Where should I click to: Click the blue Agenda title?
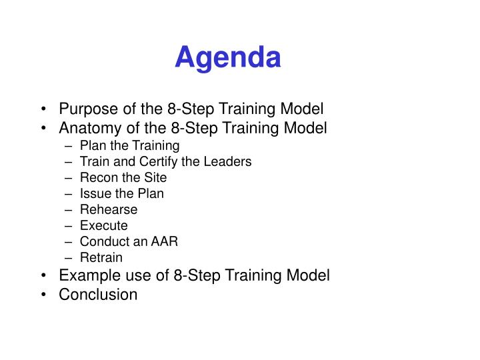(228, 57)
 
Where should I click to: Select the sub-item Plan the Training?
(129, 145)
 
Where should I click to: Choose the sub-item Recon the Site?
(123, 177)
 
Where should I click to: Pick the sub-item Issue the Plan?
(121, 193)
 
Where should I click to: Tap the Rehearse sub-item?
(108, 209)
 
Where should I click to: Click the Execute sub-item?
(103, 225)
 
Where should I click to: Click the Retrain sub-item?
(101, 257)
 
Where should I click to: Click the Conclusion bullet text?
(98, 294)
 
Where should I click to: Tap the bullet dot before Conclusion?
(43, 294)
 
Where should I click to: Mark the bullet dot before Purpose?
(43, 109)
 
